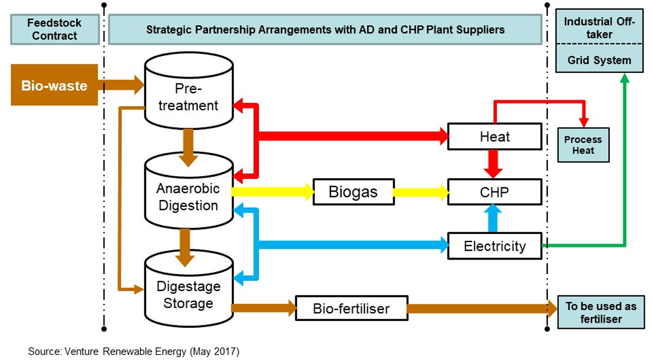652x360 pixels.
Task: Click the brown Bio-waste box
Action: (54, 85)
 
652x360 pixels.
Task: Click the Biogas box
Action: (353, 193)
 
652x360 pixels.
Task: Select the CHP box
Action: (494, 193)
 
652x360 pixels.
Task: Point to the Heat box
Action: (494, 137)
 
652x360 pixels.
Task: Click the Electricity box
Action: (494, 246)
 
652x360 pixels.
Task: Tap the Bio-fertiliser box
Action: (351, 308)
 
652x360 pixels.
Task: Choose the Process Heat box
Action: (583, 145)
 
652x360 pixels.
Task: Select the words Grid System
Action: (599, 60)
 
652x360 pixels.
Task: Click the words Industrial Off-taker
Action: (599, 28)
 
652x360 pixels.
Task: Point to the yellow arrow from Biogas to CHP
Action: (421, 193)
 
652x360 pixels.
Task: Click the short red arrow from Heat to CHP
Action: (493, 164)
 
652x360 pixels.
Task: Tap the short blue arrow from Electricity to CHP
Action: (493, 218)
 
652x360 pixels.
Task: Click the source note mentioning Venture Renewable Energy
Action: (134, 352)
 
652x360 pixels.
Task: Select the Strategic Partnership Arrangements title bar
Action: (325, 30)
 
